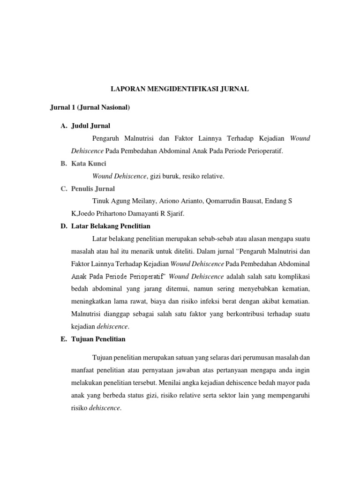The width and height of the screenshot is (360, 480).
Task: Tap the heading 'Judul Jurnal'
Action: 90,126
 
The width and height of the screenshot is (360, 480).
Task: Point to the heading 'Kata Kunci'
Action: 89,164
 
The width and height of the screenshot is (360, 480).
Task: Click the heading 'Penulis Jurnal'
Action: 93,188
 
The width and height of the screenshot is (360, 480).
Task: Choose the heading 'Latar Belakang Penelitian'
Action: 111,226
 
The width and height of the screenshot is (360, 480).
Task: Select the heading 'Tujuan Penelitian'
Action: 98,339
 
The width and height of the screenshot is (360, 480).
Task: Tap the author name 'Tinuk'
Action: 101,201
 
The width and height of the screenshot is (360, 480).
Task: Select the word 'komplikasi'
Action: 293,276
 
